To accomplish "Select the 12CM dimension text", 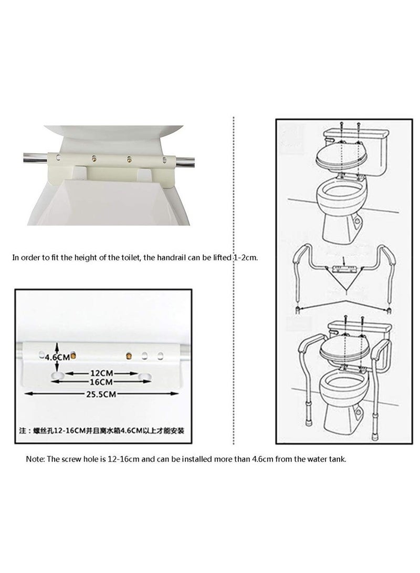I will coord(100,372).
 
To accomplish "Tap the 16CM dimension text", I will coord(100,382).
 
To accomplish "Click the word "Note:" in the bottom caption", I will coord(36,459).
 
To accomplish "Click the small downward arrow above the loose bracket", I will coord(343,260).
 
